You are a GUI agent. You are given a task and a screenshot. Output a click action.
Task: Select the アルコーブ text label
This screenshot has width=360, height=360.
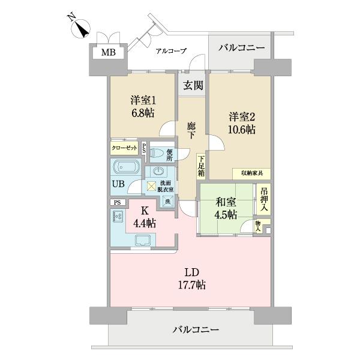click(171, 51)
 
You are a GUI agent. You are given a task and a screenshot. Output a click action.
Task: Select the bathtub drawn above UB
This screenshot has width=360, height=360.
click(126, 167)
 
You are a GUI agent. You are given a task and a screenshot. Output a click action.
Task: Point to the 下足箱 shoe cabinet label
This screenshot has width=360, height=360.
click(202, 166)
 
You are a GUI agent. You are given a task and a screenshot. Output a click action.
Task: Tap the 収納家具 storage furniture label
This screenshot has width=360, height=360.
click(251, 173)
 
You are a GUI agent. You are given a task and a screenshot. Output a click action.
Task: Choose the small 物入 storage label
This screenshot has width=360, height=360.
click(258, 226)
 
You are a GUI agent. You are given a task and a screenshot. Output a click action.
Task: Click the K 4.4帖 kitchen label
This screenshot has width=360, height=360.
click(144, 217)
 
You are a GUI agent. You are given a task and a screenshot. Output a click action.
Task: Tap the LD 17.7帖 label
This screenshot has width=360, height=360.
click(191, 279)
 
